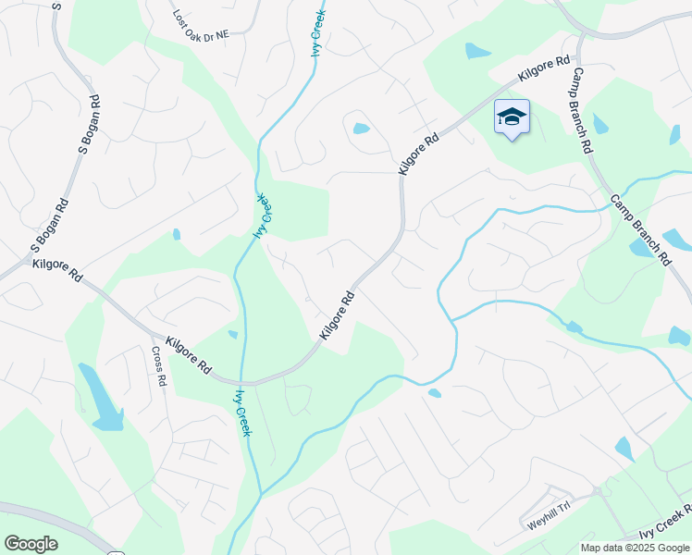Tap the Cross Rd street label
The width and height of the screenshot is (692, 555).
(160, 366)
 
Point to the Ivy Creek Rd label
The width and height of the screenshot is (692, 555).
(665, 524)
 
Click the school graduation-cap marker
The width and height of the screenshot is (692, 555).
(512, 117)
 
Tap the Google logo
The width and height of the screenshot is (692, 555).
(31, 544)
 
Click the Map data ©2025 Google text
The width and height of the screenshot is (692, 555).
(635, 548)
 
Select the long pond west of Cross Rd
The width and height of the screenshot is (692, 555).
(100, 397)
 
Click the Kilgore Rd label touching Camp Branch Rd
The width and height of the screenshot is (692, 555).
(544, 68)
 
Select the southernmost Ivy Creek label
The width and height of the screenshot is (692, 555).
(242, 413)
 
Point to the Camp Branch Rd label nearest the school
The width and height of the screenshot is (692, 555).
(582, 111)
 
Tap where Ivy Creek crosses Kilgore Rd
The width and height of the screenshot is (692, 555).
(243, 382)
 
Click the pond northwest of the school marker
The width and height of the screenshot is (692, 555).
(477, 51)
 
